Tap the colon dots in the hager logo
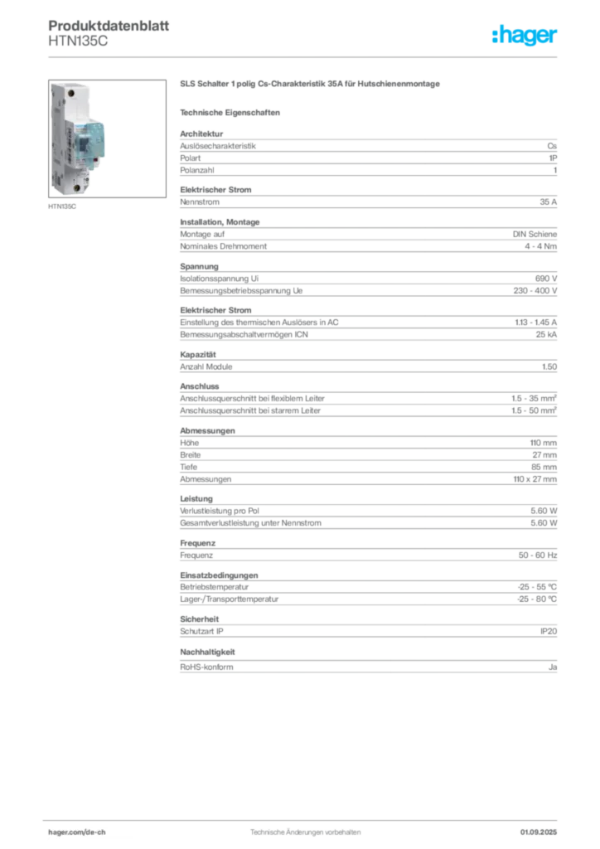tap(495, 37)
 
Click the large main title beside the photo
tap(312, 85)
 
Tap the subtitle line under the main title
tap(232, 111)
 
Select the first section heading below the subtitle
tap(200, 130)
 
